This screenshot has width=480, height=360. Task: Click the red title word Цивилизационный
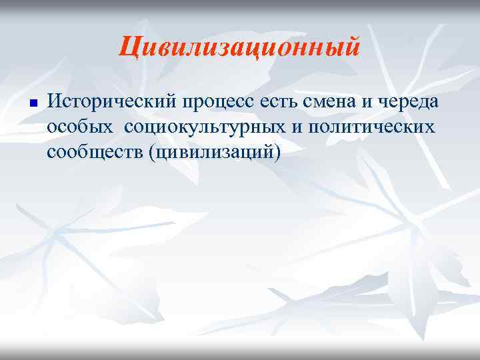click(240, 47)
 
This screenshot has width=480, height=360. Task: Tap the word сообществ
click(95, 152)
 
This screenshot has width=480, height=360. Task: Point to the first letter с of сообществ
click(51, 153)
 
